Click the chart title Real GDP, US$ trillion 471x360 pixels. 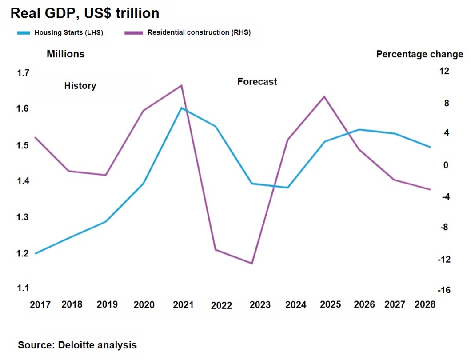[85, 13]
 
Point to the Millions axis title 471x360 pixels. [66, 54]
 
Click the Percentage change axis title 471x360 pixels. [419, 54]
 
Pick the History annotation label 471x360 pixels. [80, 86]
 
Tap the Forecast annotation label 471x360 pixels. [257, 82]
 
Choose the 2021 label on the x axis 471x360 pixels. [183, 305]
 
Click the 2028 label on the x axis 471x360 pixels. [425, 304]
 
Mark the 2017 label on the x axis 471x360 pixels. [40, 305]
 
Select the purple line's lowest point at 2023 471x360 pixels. [252, 264]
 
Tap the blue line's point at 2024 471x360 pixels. [288, 188]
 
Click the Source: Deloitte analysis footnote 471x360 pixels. [77, 345]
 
